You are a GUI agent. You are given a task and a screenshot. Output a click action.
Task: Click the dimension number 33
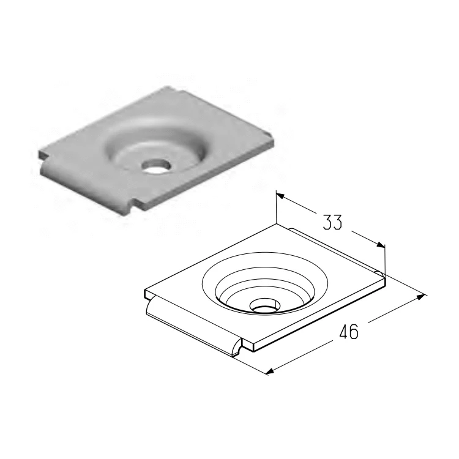click(x=332, y=222)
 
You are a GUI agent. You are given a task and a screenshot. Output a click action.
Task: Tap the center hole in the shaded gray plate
click(x=156, y=166)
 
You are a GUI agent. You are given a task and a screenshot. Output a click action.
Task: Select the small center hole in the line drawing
click(x=265, y=305)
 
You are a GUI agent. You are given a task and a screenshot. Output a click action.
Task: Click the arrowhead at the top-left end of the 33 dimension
click(x=280, y=195)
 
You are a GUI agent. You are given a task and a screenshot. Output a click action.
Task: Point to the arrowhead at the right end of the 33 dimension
click(x=381, y=245)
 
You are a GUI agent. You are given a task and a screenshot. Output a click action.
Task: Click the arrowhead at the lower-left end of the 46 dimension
click(x=270, y=371)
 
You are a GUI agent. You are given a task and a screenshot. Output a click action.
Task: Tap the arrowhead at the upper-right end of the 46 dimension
click(x=420, y=297)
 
